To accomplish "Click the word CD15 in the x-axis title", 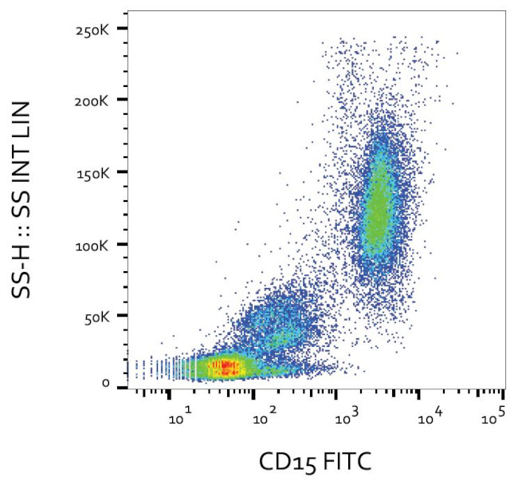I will coord(285,461).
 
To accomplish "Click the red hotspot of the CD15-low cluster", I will coord(227,367).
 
